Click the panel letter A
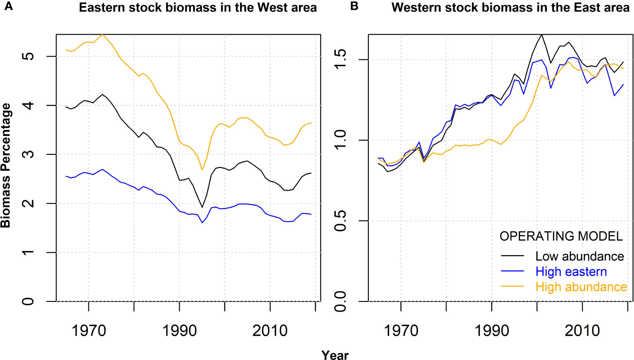[x=8, y=7]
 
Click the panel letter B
[x=354, y=7]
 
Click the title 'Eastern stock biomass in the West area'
[x=198, y=7]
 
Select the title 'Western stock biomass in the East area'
[x=511, y=7]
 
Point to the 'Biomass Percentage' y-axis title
[x=6, y=166]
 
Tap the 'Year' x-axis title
[x=335, y=355]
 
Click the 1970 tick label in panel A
[x=89, y=331]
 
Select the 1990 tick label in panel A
[x=179, y=331]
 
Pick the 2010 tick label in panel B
[x=582, y=331]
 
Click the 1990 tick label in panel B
[x=492, y=331]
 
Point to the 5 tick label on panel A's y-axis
[x=28, y=56]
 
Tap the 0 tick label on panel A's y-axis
[x=28, y=301]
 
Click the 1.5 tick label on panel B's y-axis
[x=340, y=59]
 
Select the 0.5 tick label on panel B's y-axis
[x=340, y=221]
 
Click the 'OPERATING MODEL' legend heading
[x=561, y=236]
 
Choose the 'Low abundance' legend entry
[x=579, y=256]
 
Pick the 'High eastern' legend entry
[x=571, y=272]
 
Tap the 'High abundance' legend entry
[x=581, y=287]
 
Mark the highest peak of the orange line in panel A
[x=102, y=35]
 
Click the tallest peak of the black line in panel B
[x=541, y=35]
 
